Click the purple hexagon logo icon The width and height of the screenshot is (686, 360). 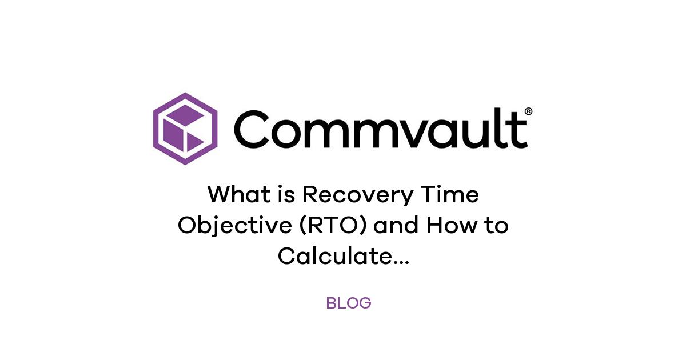tap(185, 129)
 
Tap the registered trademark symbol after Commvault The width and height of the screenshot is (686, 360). tap(528, 112)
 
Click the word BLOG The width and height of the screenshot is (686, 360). tap(349, 303)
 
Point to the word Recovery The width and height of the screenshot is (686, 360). tap(357, 195)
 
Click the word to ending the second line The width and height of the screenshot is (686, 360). tap(495, 226)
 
